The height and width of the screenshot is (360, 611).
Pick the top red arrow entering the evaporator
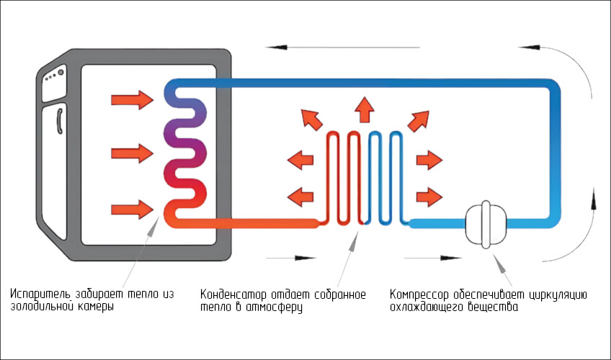tap(133, 98)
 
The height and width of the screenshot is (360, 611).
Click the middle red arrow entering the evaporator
tap(133, 153)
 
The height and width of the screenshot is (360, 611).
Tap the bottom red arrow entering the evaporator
tap(133, 210)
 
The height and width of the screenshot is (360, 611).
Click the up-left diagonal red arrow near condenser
tap(311, 119)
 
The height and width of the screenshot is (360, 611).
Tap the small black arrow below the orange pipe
tap(292, 256)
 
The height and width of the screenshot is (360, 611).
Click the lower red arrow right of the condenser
tap(429, 194)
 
